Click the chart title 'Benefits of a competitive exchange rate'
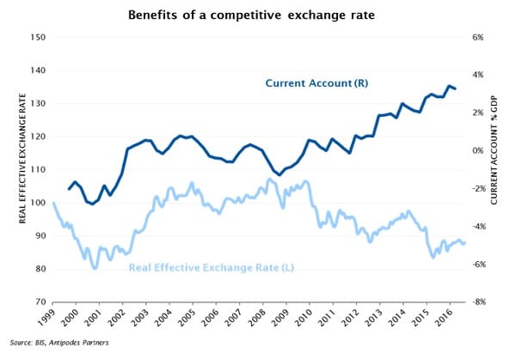[258, 15]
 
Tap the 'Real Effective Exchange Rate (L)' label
[212, 268]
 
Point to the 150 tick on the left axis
[36, 37]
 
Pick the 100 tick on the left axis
[36, 203]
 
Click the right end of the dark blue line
[456, 88]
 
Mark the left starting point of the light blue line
[53, 203]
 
